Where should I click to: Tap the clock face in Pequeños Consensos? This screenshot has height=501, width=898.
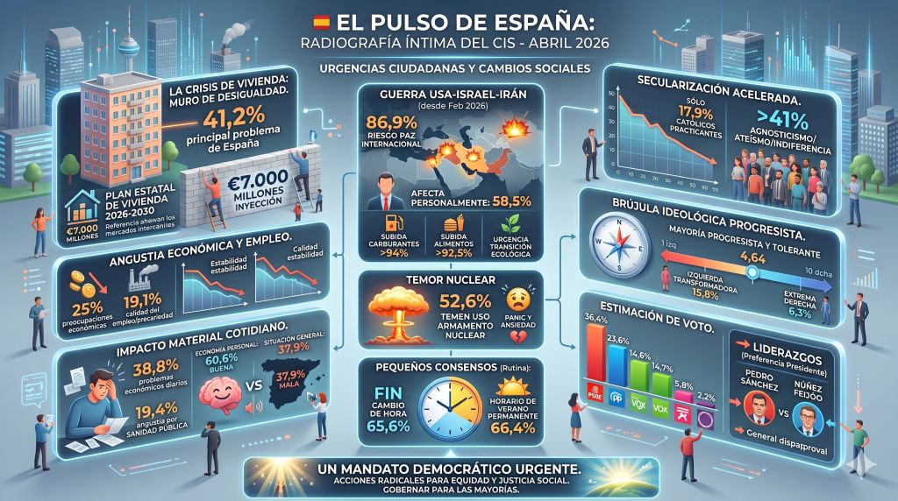coord(446,406)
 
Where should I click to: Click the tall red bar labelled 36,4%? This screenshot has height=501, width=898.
coord(595,360)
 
